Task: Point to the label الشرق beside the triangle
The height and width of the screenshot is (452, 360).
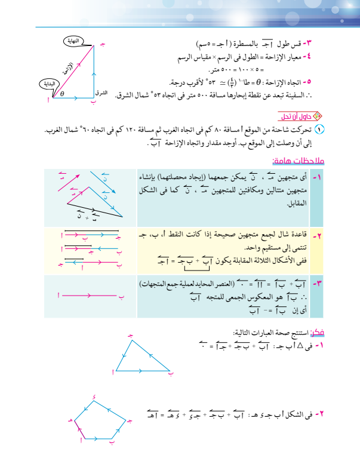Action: (x=101, y=94)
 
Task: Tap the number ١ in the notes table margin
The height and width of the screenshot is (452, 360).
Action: (x=318, y=177)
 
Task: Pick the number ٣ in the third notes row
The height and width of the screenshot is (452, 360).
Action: (x=318, y=282)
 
